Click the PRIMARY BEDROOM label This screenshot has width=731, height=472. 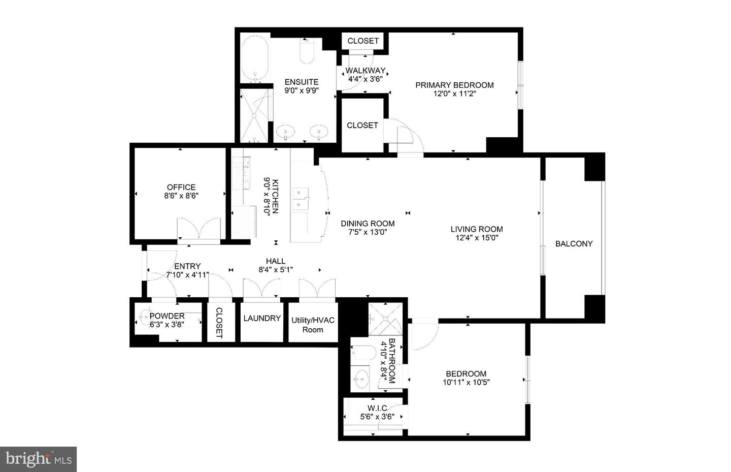[x=454, y=85]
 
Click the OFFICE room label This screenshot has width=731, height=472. [x=181, y=187]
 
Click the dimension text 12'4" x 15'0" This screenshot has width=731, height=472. [x=477, y=237]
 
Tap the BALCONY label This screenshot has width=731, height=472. [x=574, y=244]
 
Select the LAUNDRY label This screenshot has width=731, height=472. [x=262, y=319]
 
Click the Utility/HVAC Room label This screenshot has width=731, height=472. [x=313, y=325]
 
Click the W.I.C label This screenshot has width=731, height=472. [x=377, y=408]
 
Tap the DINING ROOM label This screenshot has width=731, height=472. [x=368, y=224]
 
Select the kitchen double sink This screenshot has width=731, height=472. [x=301, y=199]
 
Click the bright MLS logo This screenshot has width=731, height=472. [x=39, y=459]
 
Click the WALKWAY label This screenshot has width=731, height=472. [x=365, y=71]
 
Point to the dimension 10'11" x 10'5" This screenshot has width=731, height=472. [x=466, y=383]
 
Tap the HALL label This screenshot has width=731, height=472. [x=276, y=261]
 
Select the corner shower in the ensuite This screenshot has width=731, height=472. [x=254, y=116]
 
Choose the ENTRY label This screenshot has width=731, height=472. [x=187, y=266]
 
